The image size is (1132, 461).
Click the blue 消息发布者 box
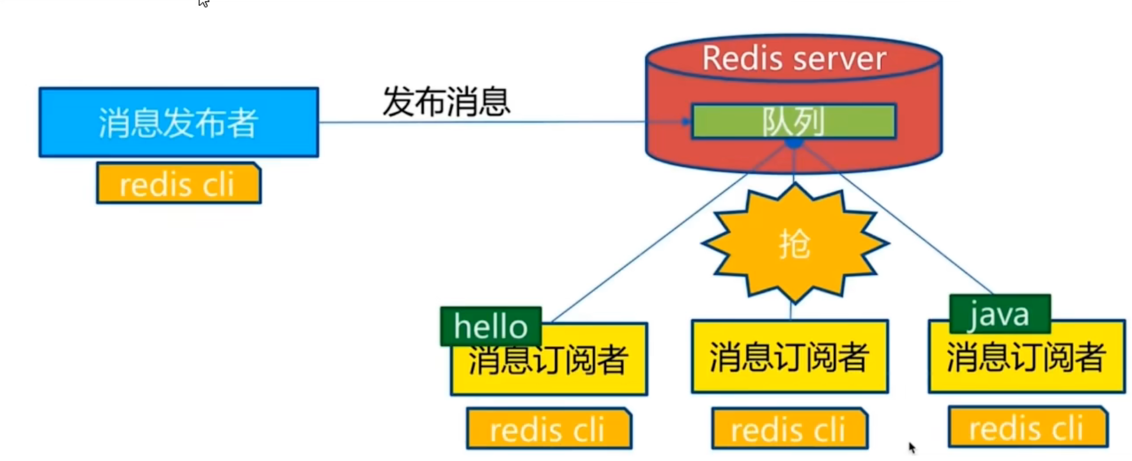click(178, 122)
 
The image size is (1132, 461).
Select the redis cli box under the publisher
click(178, 184)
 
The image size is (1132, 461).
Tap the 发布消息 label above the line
click(446, 102)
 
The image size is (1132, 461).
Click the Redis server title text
click(794, 59)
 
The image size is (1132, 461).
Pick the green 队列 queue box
click(794, 122)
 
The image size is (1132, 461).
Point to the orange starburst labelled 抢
click(794, 244)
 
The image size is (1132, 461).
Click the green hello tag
click(490, 326)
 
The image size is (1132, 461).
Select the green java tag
click(999, 314)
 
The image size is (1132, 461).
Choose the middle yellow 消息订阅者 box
click(790, 356)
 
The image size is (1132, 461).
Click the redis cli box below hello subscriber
click(549, 428)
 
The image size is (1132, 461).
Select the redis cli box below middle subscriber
click(790, 428)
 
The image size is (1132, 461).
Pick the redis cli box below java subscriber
click(1027, 427)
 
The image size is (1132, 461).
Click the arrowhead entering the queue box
click(685, 122)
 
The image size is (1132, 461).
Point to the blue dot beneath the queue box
click(794, 143)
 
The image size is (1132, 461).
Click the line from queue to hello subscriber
click(650, 248)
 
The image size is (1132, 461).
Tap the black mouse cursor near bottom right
click(912, 447)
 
